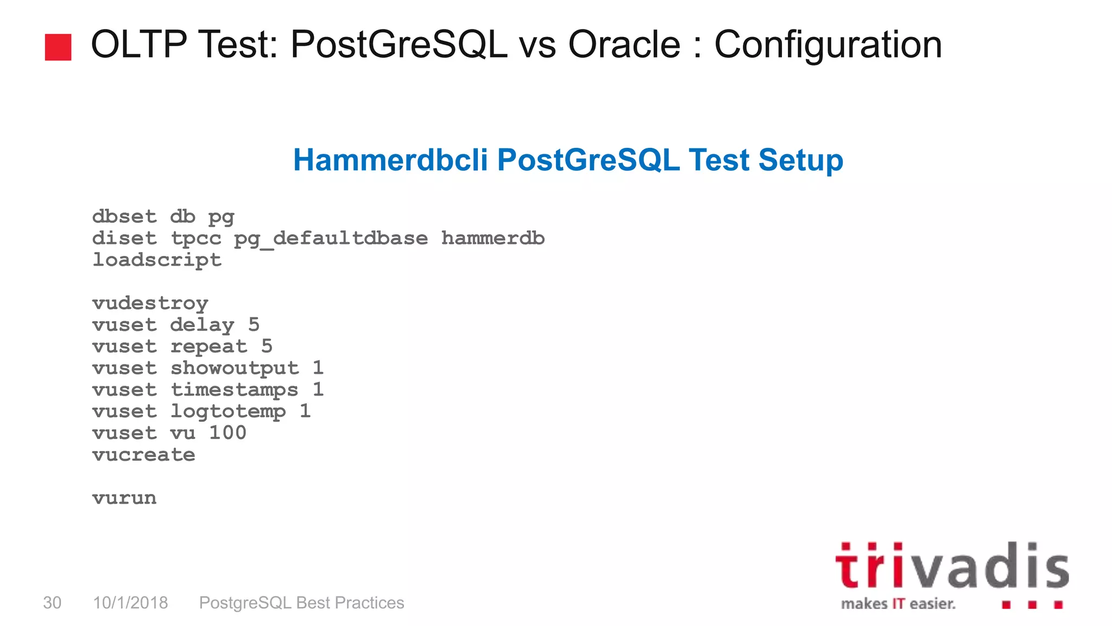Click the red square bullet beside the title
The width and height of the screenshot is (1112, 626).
coord(58,47)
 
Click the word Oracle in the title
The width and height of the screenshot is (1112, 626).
coord(624,45)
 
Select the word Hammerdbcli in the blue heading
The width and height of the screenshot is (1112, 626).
coord(390,160)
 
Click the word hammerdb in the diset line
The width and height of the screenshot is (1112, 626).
coord(492,238)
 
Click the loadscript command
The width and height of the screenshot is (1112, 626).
coord(157,260)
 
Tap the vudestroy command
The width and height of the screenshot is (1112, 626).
coord(150,303)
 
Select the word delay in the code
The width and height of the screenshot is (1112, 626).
coord(202,325)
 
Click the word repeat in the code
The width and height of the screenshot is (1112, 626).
coord(208,347)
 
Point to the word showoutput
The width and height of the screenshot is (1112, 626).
coord(235,368)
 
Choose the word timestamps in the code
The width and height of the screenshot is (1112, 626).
coord(235,390)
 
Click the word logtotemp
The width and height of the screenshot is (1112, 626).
coord(228,412)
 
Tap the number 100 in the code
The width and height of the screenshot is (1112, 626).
coord(228,433)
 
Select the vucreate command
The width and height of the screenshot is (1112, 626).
coord(144,454)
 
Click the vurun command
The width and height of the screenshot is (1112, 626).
coord(124,498)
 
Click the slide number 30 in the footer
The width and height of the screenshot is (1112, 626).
coord(52,603)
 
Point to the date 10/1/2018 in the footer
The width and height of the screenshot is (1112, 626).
coord(130,603)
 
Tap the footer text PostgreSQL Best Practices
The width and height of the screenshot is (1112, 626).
coord(301,603)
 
